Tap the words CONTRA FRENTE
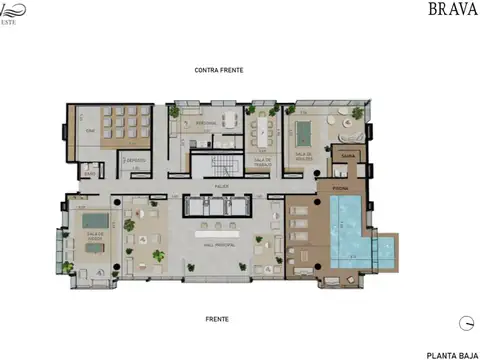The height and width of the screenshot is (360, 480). tap(220, 70)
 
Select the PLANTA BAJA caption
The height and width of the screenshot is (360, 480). tap(449, 354)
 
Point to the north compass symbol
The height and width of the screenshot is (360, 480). tap(466, 322)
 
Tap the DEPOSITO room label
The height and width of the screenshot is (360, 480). tap(134, 160)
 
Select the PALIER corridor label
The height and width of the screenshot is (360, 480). tap(221, 186)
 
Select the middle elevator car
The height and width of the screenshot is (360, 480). tap(220, 205)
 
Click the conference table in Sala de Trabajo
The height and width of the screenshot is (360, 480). tap(264, 131)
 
